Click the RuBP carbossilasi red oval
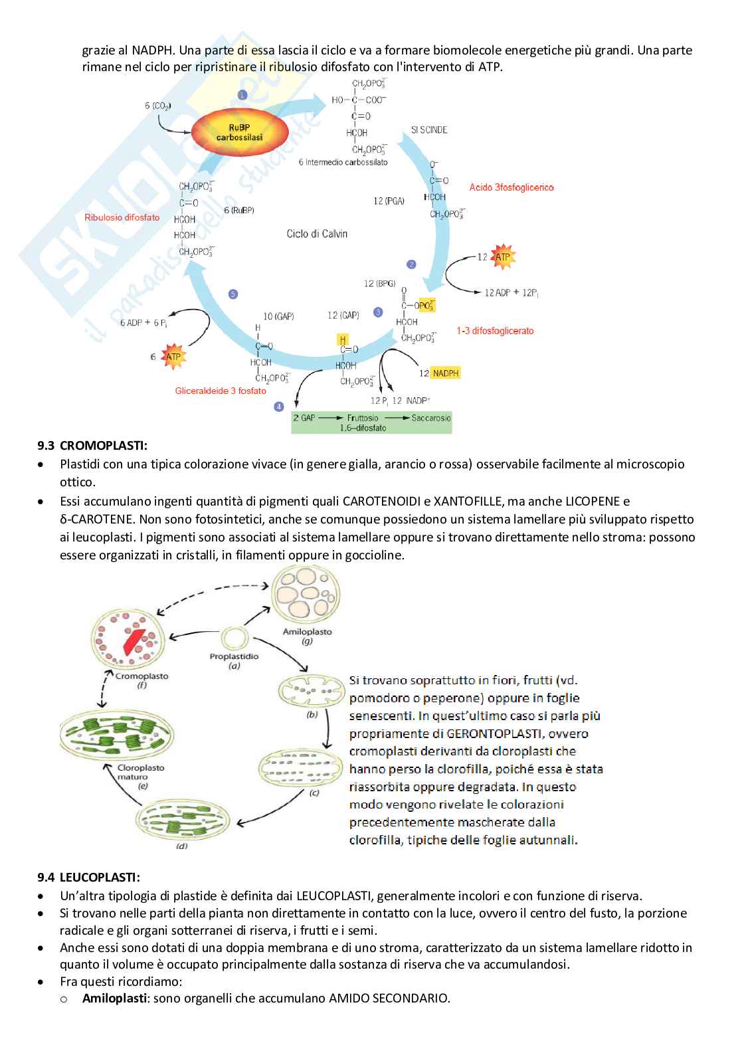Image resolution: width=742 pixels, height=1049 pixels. (240, 132)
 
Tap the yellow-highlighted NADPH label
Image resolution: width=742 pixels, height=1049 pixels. (445, 373)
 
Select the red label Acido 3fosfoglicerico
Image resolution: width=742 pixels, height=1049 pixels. (511, 187)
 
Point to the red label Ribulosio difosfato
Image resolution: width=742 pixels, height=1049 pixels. (122, 217)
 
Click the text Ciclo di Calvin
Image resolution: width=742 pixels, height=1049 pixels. (317, 234)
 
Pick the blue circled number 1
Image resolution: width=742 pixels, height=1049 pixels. (242, 95)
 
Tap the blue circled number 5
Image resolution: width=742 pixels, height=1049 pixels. (232, 294)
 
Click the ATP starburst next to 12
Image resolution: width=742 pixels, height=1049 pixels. (502, 256)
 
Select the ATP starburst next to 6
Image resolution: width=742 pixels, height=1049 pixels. (173, 357)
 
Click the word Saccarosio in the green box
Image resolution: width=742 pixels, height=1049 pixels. (431, 418)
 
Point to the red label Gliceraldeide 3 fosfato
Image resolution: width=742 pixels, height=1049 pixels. (221, 391)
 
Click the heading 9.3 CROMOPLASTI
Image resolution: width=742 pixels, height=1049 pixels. (92, 445)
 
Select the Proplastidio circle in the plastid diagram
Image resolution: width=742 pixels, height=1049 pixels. (234, 638)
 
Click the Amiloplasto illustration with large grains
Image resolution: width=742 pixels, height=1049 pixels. (306, 595)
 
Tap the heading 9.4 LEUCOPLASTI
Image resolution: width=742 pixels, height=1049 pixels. (88, 877)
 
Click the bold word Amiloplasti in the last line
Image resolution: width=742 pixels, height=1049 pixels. (115, 998)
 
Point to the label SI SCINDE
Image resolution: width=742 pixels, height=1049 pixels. (429, 130)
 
